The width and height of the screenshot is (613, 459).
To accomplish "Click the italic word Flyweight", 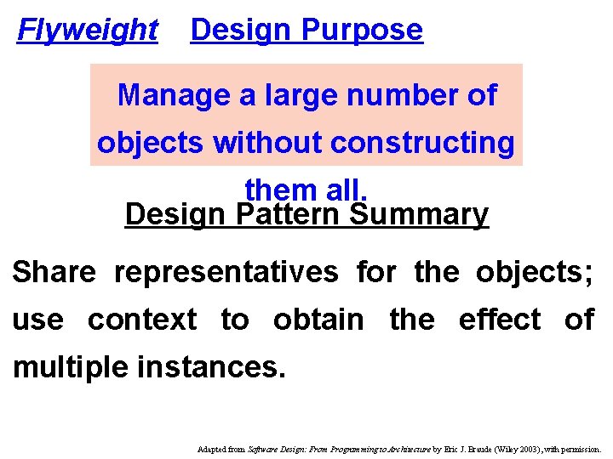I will pyautogui.click(x=88, y=31).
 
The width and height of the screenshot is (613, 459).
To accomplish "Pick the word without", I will pyautogui.click(x=267, y=143).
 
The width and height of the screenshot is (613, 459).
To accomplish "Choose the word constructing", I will pyautogui.click(x=421, y=143).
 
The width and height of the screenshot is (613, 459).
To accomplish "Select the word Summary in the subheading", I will pyautogui.click(x=420, y=214).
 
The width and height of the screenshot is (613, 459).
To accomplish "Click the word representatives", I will pyautogui.click(x=226, y=272).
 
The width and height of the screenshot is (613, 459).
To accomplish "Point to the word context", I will pyautogui.click(x=141, y=320).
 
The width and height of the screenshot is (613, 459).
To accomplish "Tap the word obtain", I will pyautogui.click(x=318, y=320).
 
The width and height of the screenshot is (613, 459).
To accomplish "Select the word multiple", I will pyautogui.click(x=65, y=368).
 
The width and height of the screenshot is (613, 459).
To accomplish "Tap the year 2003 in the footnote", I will pyautogui.click(x=529, y=448).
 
